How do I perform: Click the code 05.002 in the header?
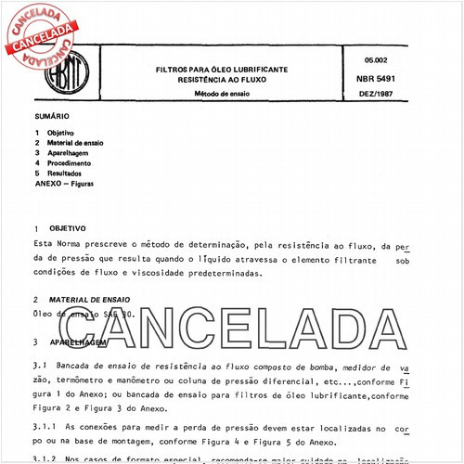376,60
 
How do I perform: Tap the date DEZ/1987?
376,97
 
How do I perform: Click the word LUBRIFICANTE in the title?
254,71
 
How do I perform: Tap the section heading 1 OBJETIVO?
59,227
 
